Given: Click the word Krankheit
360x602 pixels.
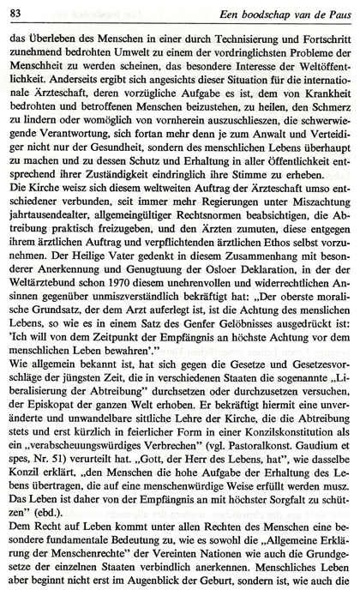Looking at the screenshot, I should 317,101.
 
